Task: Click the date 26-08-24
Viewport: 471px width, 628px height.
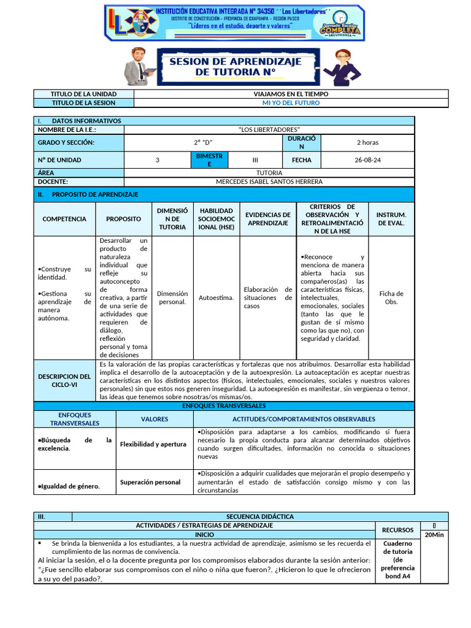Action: click(x=367, y=160)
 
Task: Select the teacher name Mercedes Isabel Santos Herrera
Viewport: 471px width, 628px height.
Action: click(x=269, y=182)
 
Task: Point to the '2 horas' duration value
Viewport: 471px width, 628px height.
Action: click(x=367, y=142)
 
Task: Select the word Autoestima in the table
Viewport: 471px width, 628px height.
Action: click(x=216, y=297)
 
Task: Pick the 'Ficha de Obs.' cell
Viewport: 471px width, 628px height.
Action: click(x=391, y=297)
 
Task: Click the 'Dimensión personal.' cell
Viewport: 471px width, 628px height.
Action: click(x=172, y=297)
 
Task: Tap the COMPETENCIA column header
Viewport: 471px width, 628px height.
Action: click(x=64, y=219)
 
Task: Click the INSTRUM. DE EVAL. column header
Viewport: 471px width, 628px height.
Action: click(x=391, y=219)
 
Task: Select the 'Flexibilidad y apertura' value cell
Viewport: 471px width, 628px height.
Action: click(x=153, y=444)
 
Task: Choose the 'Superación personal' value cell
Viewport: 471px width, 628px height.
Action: click(x=150, y=482)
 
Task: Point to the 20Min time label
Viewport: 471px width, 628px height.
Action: click(x=434, y=535)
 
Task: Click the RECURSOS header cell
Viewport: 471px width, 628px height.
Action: click(x=397, y=530)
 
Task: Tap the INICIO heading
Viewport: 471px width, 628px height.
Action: click(x=204, y=535)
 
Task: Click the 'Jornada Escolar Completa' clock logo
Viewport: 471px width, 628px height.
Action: click(x=339, y=24)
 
